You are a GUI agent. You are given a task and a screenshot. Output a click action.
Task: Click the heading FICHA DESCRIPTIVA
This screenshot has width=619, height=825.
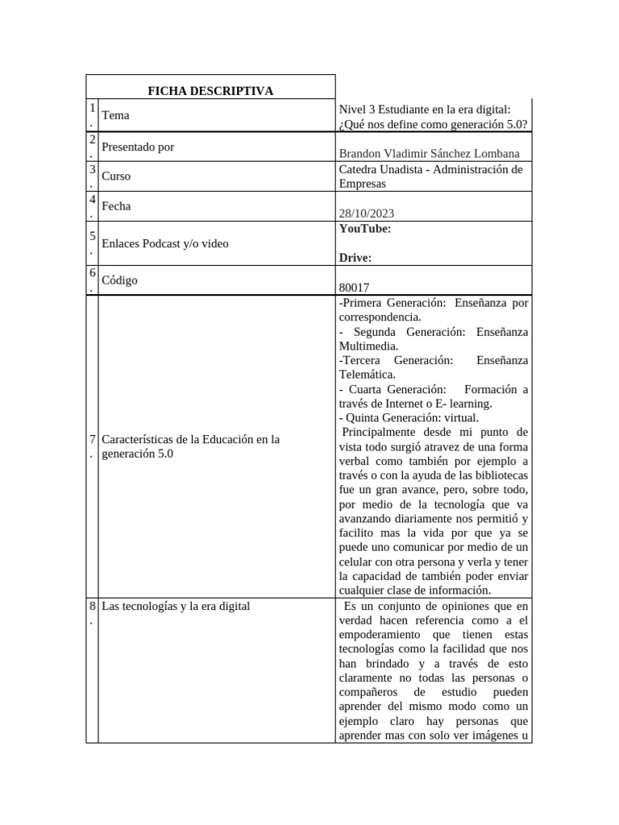point(210,91)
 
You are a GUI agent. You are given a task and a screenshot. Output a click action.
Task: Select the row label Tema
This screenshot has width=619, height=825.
point(115,115)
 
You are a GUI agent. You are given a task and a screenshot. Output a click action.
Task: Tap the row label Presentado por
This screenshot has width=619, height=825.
point(138,147)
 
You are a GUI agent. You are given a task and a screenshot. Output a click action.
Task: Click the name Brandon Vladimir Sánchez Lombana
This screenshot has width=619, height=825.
point(430,154)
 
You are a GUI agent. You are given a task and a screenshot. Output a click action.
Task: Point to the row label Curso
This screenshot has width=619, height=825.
point(116,176)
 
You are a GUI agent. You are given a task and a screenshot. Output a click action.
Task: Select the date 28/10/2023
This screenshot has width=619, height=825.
point(367,214)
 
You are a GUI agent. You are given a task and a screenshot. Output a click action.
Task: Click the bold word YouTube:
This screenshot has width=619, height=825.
point(365,229)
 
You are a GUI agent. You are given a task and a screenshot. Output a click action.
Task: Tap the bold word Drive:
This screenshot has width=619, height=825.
point(355,258)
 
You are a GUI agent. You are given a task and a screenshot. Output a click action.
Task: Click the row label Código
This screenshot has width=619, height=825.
point(120,280)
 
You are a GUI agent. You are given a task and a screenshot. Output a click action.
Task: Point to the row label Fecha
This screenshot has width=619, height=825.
point(116,206)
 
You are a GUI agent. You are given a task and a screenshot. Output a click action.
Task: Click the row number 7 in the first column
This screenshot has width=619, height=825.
point(92,440)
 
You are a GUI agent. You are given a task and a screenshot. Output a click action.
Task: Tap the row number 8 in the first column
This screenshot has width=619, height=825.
point(92,606)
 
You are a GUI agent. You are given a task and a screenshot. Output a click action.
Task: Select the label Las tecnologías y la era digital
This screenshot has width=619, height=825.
point(176,606)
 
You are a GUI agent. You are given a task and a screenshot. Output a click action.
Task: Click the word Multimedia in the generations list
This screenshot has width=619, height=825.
point(368,346)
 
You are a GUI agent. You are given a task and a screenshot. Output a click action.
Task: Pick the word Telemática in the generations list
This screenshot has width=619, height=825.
point(367,375)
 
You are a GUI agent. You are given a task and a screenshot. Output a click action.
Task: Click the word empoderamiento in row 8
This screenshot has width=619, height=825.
point(381,635)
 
